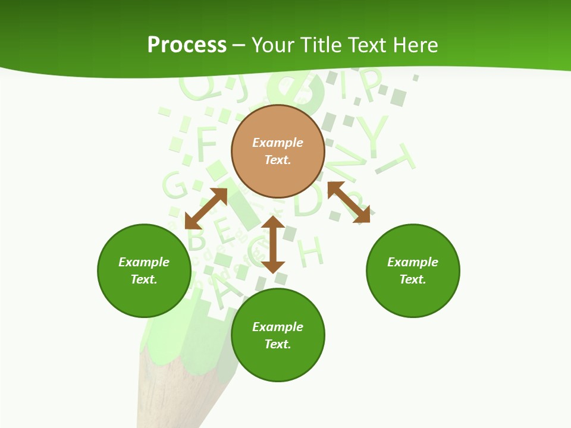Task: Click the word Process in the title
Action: [x=187, y=45]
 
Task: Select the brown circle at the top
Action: [x=278, y=152]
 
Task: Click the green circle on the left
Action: [x=144, y=270]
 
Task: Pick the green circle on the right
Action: [x=413, y=270]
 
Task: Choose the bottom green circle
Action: [x=278, y=335]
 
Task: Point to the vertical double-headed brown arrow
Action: [x=273, y=244]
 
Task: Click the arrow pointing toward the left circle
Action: [x=206, y=209]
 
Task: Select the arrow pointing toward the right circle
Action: [x=349, y=202]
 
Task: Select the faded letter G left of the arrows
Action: [x=175, y=185]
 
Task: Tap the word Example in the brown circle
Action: [x=278, y=143]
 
